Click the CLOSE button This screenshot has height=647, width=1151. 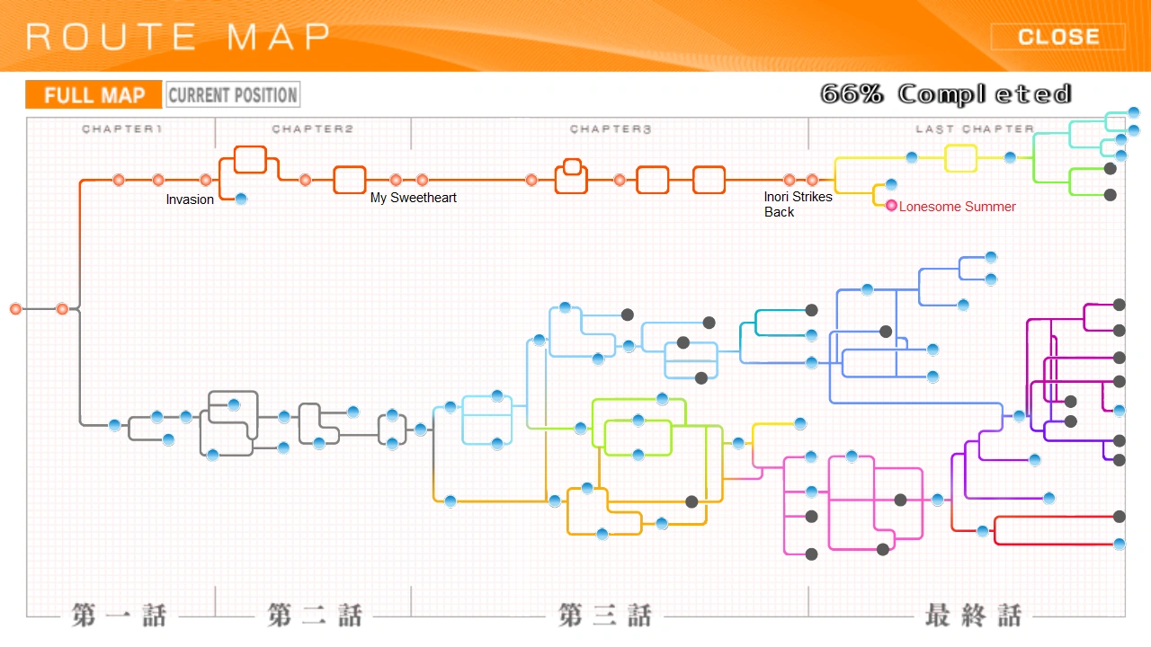point(1057,37)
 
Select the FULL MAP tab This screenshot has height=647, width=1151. point(94,95)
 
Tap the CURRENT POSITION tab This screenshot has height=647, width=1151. point(233,95)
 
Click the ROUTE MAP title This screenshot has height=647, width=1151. point(178,37)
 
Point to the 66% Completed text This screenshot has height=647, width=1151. point(945,94)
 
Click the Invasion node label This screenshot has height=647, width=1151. point(190,199)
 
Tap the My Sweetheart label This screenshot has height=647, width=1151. point(414,198)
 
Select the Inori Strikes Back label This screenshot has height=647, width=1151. point(798,204)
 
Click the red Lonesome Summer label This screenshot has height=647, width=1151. point(958,207)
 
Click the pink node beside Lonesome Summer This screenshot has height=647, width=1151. point(891,206)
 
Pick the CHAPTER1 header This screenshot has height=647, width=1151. point(121,129)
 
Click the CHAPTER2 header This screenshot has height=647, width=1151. point(313,129)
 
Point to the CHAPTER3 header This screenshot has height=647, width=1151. point(611,129)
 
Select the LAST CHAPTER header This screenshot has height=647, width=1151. point(975,129)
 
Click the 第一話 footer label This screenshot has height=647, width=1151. point(120,616)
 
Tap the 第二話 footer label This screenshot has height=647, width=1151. point(314,616)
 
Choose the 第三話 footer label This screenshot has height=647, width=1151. point(604,616)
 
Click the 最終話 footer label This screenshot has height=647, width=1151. point(973,616)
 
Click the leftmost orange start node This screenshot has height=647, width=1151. point(15,309)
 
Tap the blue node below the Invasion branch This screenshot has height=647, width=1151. point(241,199)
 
